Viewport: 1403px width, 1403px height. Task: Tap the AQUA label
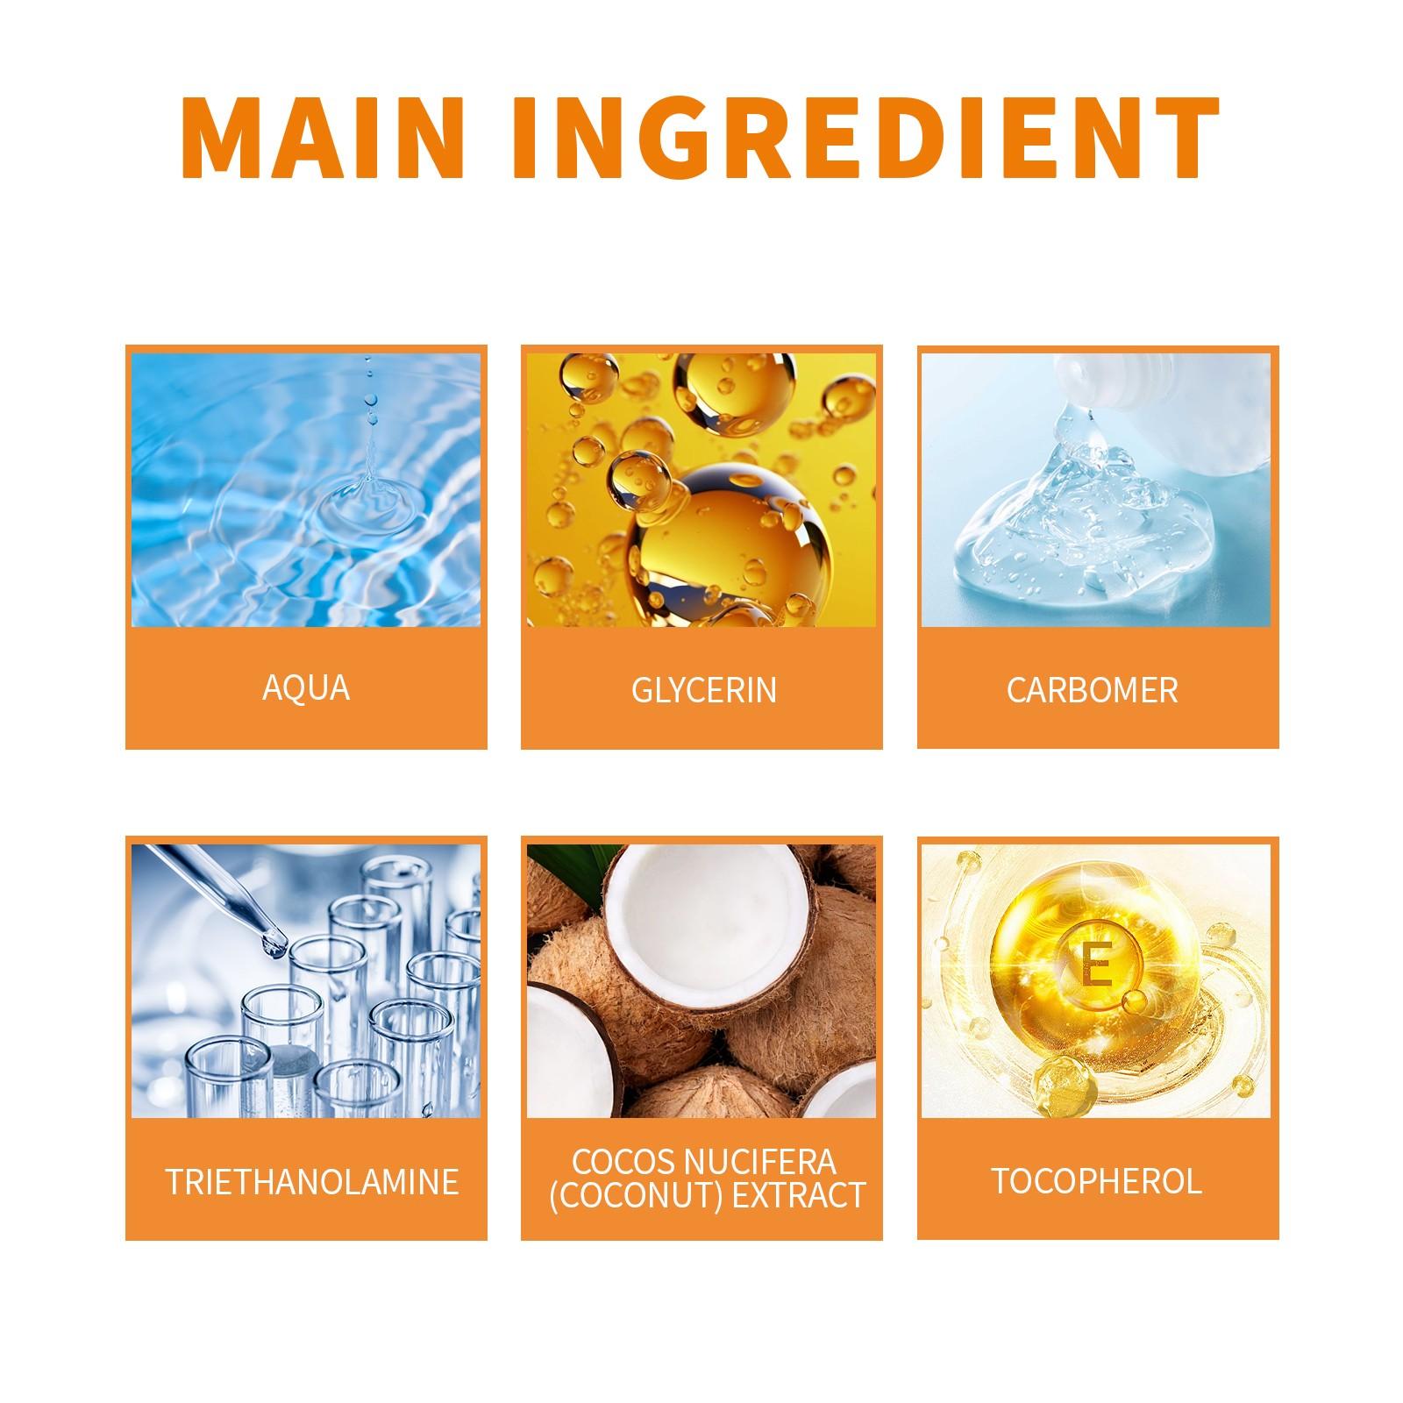pyautogui.click(x=306, y=687)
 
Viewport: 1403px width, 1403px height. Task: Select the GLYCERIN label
pyautogui.click(x=703, y=690)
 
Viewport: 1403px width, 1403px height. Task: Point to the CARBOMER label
pyautogui.click(x=1092, y=690)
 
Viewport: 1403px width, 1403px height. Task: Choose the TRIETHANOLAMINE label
pyautogui.click(x=312, y=1181)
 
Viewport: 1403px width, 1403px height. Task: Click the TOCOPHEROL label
pyautogui.click(x=1096, y=1180)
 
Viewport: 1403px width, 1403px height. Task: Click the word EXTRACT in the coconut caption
pyautogui.click(x=799, y=1195)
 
